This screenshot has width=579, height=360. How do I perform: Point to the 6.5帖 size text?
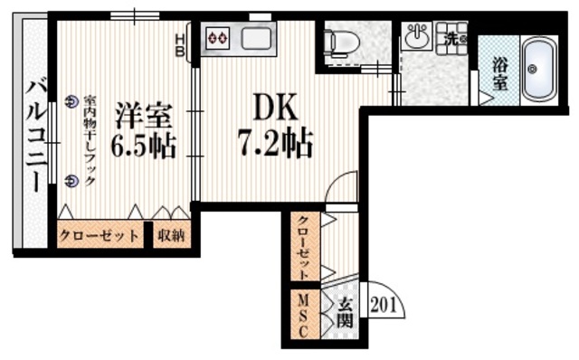pos(143,144)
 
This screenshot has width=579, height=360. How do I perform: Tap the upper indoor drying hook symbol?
pos(71,101)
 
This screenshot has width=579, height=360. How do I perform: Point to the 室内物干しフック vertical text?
pos(90,140)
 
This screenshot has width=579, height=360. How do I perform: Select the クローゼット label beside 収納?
pos(100,236)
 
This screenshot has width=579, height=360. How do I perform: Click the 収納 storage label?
pos(171,236)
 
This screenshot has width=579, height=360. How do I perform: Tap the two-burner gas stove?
pos(218,38)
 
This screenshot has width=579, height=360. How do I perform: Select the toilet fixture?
pos(341,41)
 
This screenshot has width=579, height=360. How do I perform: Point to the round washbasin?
pos(416,37)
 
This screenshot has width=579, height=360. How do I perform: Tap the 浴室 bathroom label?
pos(499,73)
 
